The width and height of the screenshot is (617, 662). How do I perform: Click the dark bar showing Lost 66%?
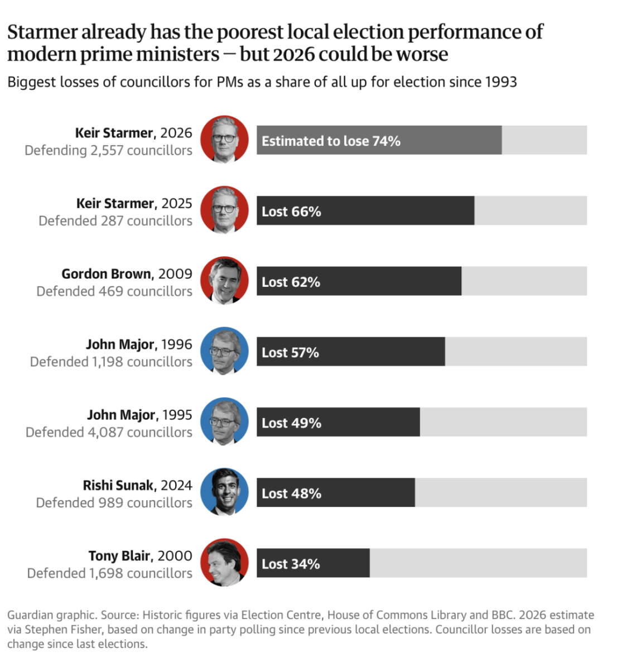click(x=365, y=210)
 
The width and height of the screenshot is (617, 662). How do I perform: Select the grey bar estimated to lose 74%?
click(x=379, y=140)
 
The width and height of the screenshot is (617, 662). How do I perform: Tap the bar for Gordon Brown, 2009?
click(x=359, y=281)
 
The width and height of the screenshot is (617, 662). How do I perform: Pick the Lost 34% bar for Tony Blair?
click(x=313, y=563)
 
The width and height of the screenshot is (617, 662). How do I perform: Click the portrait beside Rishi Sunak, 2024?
click(x=224, y=492)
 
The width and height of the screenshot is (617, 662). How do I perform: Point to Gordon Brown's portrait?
click(x=224, y=280)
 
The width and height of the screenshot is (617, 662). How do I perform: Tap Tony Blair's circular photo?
click(x=224, y=562)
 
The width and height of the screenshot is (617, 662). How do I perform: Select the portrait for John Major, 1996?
click(x=224, y=351)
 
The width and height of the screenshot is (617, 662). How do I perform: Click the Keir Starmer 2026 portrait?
click(x=224, y=140)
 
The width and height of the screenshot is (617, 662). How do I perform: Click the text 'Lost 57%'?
click(x=290, y=353)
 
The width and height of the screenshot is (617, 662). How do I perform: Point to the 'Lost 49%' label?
click(x=292, y=423)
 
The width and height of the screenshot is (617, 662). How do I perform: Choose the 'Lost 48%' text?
click(x=292, y=493)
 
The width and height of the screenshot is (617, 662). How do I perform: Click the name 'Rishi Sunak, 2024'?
click(x=138, y=486)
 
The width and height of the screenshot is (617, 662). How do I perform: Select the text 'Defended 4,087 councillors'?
click(x=109, y=433)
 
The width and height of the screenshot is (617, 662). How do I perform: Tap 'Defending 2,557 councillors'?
click(x=108, y=150)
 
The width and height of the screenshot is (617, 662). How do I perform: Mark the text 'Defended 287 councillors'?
click(x=115, y=221)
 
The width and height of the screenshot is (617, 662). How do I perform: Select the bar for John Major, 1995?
click(x=338, y=422)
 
